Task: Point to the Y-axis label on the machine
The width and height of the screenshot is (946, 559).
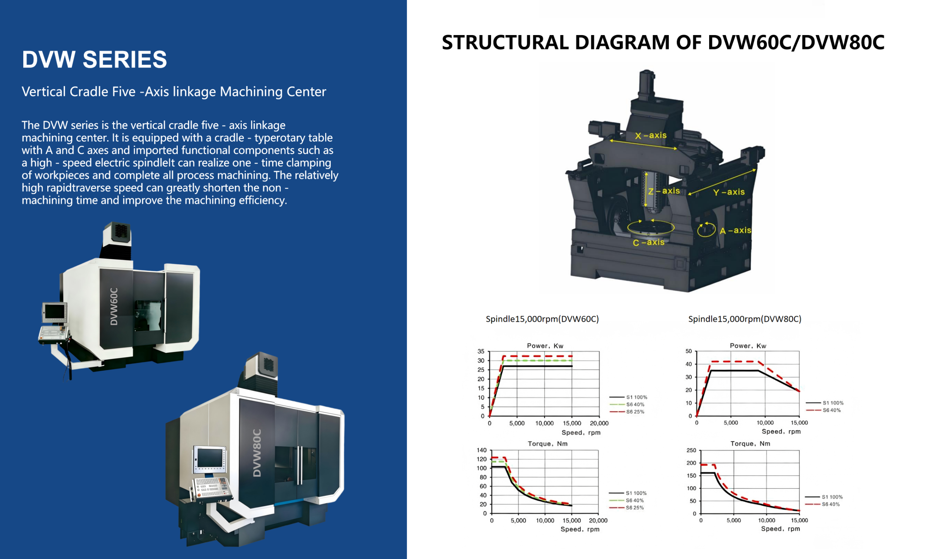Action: (728, 192)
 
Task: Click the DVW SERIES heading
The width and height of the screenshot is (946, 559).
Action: (94, 59)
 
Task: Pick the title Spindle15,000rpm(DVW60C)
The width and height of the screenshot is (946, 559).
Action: (542, 319)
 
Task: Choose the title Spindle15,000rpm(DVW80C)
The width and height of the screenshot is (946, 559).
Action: (745, 319)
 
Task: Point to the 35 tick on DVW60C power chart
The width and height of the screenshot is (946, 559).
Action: (480, 351)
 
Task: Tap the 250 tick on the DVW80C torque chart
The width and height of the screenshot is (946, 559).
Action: (691, 451)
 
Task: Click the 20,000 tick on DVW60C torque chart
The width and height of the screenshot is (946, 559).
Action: (598, 521)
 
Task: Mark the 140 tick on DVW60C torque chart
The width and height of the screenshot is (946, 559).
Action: (481, 450)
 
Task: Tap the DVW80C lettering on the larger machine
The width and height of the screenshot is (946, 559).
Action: (257, 453)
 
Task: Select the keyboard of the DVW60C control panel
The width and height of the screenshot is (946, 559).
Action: (53, 332)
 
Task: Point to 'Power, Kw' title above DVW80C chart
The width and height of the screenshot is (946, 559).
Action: (748, 346)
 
